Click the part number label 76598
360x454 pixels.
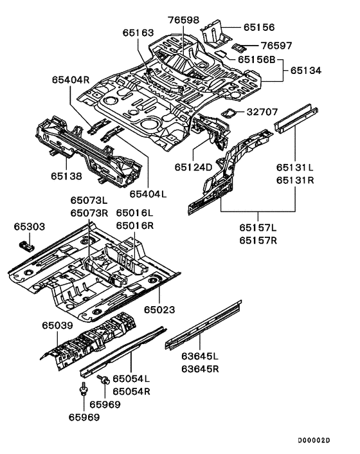tap(184, 20)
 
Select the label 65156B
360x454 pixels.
tap(256, 60)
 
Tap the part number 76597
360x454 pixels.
tap(276, 46)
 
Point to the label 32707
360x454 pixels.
tap(262, 112)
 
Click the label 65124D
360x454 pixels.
tap(194, 167)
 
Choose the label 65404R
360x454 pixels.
tap(71, 80)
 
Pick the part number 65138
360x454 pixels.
tap(67, 176)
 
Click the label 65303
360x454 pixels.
tap(30, 226)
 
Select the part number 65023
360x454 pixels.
tap(159, 310)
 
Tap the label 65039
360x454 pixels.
tap(58, 325)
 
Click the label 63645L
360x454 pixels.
tap(200, 356)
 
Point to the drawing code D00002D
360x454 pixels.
tap(314, 440)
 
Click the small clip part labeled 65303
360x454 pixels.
tap(26, 246)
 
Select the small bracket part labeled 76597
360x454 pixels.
tap(238, 47)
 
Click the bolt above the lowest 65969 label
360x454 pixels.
tap(84, 388)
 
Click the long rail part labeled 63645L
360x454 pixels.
tap(203, 325)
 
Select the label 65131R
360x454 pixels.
tap(295, 180)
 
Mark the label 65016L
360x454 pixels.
tap(134, 213)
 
